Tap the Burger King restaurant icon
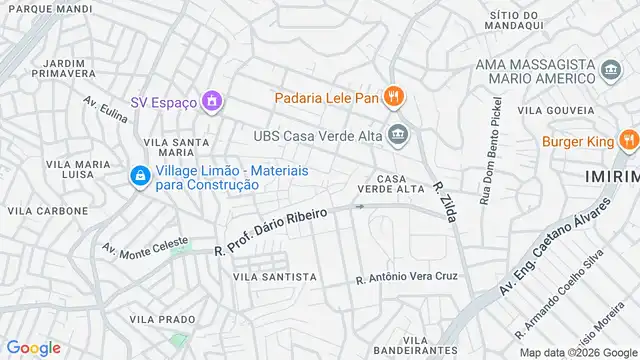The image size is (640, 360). coord(629,141)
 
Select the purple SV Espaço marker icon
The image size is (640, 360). coord(211,101)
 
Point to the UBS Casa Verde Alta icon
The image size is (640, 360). coord(399,135)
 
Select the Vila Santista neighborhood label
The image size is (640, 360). coord(274,276)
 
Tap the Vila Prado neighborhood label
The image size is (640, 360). coord(162,319)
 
